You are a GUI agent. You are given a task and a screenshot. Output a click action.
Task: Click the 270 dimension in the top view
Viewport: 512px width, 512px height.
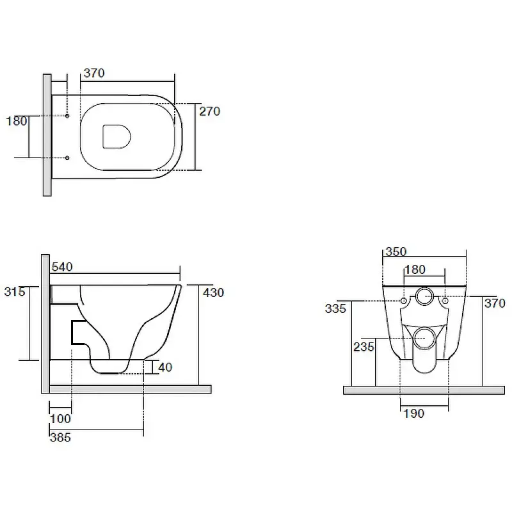210,111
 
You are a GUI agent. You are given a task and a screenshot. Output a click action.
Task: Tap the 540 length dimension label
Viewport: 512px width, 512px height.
62,267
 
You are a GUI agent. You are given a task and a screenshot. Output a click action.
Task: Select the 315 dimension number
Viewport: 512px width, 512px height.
15,291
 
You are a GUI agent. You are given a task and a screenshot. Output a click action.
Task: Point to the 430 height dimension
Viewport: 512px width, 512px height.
214,292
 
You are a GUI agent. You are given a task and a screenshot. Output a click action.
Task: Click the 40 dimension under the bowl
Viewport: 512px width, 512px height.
165,367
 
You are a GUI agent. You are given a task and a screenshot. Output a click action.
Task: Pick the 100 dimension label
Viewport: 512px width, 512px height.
60,419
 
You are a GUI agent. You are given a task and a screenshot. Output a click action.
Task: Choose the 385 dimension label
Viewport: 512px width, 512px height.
60,437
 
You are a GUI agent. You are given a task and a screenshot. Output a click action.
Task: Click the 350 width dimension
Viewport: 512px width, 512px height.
396,252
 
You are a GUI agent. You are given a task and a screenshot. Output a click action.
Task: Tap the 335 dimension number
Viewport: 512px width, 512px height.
335,308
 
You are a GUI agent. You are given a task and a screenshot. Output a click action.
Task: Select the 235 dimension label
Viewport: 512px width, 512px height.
364,347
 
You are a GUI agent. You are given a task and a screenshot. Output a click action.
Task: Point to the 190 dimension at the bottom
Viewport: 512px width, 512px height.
414,413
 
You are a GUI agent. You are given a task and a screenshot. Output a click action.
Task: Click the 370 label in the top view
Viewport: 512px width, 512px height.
94,73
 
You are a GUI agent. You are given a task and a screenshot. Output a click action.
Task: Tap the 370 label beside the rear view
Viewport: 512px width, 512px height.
495,303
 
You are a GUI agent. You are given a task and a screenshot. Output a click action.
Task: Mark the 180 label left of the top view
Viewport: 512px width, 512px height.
17,121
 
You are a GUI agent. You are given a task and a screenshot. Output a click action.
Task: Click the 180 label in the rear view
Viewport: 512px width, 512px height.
415,269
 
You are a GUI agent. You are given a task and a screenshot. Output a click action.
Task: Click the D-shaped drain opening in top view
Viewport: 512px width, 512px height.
116,136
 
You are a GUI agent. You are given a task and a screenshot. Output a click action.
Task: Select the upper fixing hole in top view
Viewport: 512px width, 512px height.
67,116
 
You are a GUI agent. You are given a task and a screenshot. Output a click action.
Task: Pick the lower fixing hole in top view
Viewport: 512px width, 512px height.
67,158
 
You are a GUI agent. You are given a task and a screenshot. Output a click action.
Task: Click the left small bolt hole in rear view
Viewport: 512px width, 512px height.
404,300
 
